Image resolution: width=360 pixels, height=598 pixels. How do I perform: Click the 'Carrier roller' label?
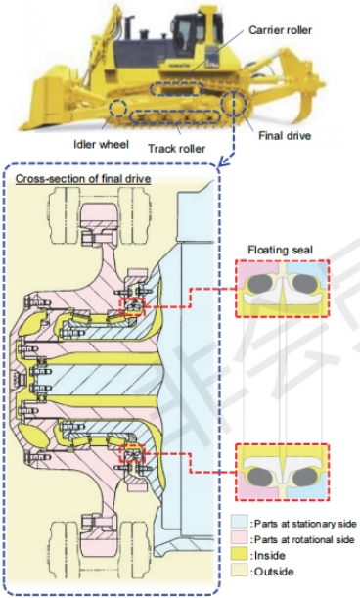[x=281, y=30]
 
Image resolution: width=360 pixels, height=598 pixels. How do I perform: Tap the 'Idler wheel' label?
[x=101, y=144]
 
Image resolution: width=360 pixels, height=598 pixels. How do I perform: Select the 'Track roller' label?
[x=176, y=149]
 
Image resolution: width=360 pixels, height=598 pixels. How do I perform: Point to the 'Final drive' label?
[x=285, y=136]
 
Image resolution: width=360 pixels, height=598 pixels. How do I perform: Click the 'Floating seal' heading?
[x=281, y=250]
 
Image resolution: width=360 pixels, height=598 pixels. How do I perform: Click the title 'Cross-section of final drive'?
[x=83, y=179]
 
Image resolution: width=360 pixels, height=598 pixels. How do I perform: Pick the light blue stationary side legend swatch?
[x=239, y=522]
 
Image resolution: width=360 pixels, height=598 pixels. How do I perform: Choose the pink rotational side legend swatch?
[x=239, y=538]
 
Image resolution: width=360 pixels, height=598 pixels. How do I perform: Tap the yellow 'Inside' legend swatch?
[x=239, y=555]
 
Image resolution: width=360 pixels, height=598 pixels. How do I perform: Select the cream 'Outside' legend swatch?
[x=239, y=572]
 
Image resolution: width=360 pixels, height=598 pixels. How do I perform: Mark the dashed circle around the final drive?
[x=222, y=103]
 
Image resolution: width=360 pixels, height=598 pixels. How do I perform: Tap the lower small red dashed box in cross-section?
[x=120, y=454]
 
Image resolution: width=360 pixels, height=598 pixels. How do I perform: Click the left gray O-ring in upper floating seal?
[x=260, y=284]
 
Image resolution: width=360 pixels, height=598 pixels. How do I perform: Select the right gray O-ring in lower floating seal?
[x=304, y=477]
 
